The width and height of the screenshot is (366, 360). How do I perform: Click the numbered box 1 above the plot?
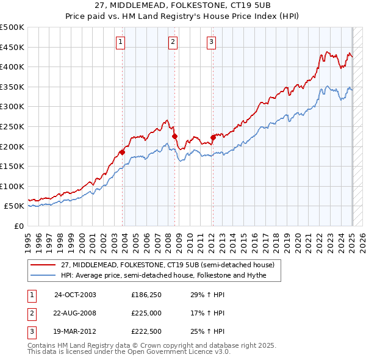coord(121,42)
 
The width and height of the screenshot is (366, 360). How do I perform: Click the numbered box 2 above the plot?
coord(173,42)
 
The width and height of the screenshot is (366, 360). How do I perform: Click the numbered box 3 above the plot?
coord(211,42)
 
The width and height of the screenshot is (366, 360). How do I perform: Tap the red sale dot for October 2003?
coord(123,152)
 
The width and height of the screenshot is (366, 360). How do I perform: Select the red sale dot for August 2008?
coord(175,137)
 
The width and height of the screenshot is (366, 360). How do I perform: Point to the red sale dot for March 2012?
coord(213,137)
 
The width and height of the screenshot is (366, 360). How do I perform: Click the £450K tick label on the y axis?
coord(12,48)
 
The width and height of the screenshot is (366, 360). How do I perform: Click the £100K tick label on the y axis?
coord(12,186)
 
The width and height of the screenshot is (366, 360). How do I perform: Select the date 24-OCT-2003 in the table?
coord(75,295)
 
